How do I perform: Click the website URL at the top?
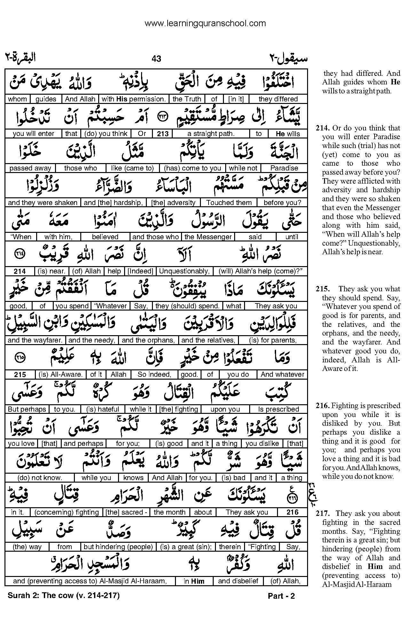205,23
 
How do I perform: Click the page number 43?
156,59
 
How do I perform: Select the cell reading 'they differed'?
278,99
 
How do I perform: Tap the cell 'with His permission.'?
134,99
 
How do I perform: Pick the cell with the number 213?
163,134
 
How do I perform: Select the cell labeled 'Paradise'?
284,168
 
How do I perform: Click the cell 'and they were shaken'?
43,203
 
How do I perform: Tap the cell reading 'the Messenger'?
208,237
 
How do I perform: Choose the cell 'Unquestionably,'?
184,272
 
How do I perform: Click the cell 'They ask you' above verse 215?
276,306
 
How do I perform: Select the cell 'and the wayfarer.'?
35,340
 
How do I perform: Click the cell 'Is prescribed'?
278,409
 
